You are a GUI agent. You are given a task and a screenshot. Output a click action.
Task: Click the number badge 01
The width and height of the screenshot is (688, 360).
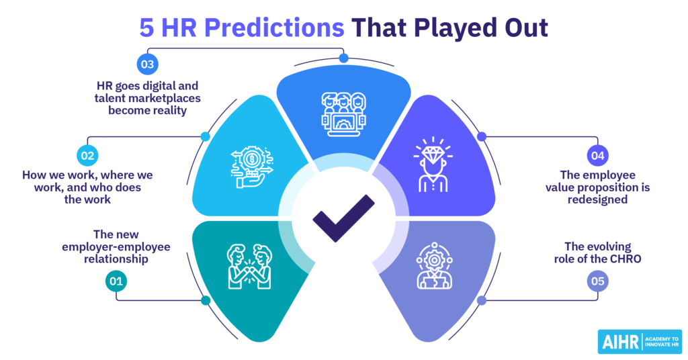[x=116, y=281]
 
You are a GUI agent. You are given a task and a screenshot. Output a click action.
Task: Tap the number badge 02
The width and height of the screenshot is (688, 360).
[x=87, y=156]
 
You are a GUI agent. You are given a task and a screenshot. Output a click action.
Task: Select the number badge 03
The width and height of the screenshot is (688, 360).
[x=147, y=64]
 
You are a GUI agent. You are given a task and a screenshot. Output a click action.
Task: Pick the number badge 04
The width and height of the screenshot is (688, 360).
[x=597, y=156]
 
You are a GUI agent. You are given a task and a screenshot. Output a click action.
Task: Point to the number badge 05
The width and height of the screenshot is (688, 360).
[x=597, y=281]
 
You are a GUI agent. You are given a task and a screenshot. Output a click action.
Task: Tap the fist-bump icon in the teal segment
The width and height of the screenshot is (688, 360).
[x=250, y=267]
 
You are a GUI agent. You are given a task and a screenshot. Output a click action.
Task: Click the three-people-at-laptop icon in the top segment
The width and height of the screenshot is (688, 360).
[x=343, y=114]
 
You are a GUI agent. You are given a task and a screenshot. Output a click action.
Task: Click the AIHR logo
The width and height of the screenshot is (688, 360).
[x=640, y=342]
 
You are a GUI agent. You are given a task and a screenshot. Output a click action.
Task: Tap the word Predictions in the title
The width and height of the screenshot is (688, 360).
[x=274, y=27]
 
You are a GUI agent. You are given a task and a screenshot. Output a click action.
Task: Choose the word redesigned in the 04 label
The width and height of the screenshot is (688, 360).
[x=597, y=199]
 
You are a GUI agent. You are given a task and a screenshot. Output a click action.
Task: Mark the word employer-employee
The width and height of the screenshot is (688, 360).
[x=116, y=247]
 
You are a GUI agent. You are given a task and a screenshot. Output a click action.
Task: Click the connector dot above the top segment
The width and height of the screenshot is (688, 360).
[x=343, y=58]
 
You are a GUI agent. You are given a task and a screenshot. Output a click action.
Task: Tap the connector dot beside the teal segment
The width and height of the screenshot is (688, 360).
[x=206, y=300]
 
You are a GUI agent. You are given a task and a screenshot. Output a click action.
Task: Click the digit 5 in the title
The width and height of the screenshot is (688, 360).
[x=147, y=28]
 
